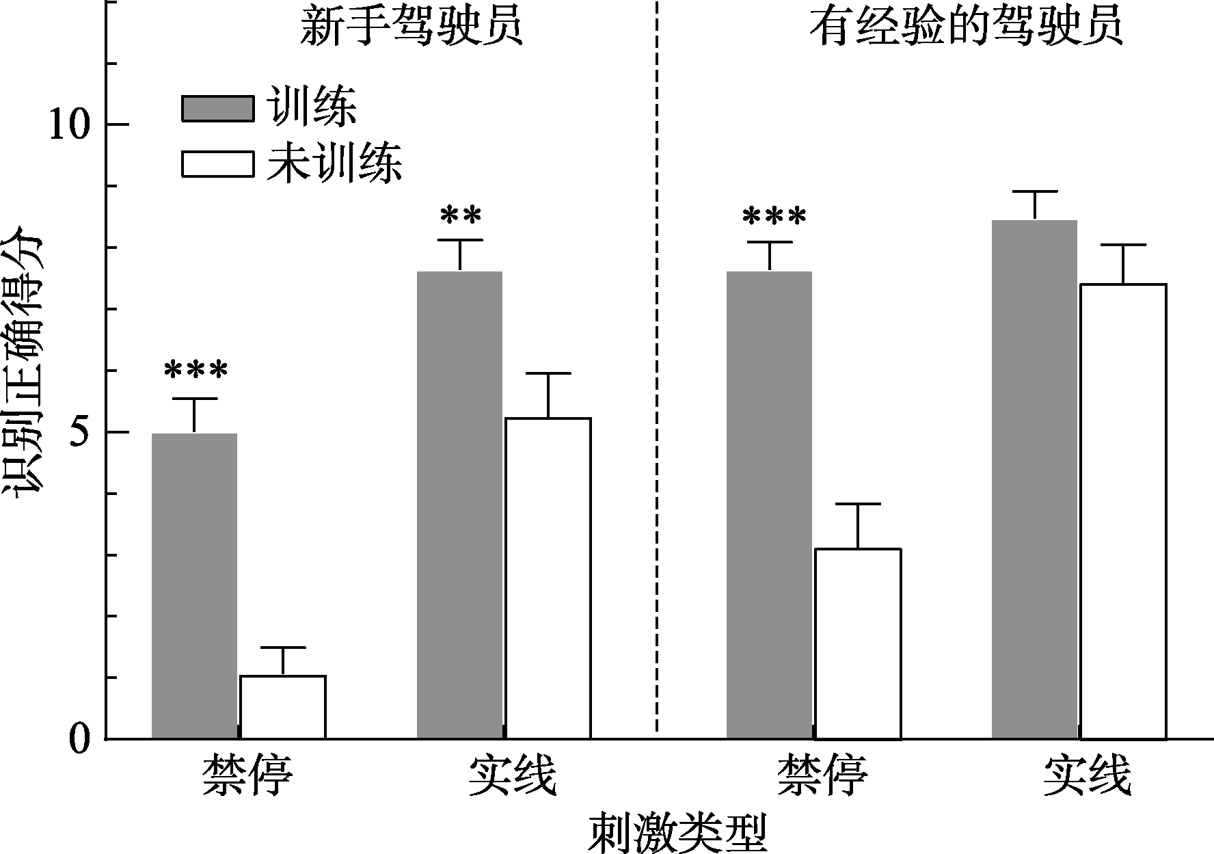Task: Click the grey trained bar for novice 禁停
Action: (194, 586)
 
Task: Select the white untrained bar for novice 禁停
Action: (283, 707)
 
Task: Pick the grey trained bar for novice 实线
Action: (459, 505)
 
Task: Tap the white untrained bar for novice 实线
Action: (548, 578)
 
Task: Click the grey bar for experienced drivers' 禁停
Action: (769, 505)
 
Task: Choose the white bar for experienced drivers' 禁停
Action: (858, 643)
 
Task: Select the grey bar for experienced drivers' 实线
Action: (1034, 479)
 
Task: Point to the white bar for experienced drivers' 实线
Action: (1123, 511)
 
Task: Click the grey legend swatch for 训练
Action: (217, 108)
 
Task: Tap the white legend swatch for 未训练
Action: (217, 163)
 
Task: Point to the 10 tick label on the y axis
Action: (70, 124)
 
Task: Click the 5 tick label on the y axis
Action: (81, 432)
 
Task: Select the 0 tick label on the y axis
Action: (81, 740)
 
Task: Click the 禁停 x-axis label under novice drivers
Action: (247, 775)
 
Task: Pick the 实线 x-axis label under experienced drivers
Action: (1087, 775)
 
